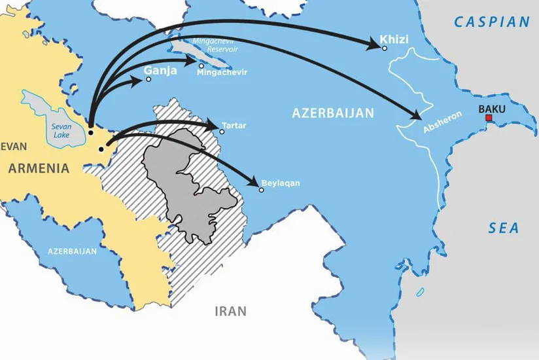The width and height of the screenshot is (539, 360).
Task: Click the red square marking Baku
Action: [x=489, y=118]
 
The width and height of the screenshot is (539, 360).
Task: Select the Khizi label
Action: [x=394, y=40]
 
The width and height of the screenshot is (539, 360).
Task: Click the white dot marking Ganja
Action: [x=148, y=80]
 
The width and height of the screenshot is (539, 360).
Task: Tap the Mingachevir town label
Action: [x=222, y=73]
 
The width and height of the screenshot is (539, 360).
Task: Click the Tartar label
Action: [x=234, y=124]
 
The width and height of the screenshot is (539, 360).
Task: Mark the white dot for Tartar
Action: [x=222, y=132]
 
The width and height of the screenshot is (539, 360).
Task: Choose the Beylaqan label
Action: [x=280, y=183]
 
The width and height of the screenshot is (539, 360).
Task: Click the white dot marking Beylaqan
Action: [x=262, y=190]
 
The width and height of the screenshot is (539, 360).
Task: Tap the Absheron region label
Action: [x=442, y=122]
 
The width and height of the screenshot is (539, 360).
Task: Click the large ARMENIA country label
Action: [x=39, y=168]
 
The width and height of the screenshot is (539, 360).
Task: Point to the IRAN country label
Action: [x=231, y=311]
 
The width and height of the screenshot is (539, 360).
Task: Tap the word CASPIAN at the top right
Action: [x=492, y=22]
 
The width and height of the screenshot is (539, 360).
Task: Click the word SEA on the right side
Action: [x=504, y=228]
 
